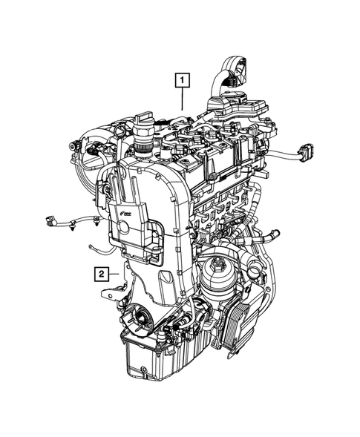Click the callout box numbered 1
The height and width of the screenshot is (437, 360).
[182, 79]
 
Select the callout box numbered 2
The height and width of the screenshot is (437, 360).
[99, 274]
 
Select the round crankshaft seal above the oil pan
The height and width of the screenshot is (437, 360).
[137, 320]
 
